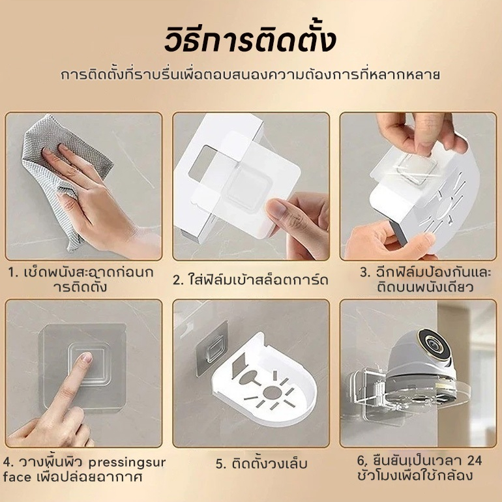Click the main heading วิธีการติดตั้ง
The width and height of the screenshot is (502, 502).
point(250,40)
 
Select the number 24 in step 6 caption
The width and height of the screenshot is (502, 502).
point(474,460)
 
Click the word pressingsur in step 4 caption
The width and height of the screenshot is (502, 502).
point(126,463)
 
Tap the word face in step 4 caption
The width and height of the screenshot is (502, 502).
point(17,477)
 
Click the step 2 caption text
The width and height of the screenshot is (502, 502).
point(251,280)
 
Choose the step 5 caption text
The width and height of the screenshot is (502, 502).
point(261,464)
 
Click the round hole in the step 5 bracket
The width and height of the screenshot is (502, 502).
point(272,392)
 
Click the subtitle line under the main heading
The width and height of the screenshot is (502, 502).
point(250,74)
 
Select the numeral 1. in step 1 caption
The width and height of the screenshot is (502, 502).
point(13,273)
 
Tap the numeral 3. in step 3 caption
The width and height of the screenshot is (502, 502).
point(365,272)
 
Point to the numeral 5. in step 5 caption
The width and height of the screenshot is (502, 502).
point(221,464)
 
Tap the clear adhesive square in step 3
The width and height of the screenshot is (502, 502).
point(416,169)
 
